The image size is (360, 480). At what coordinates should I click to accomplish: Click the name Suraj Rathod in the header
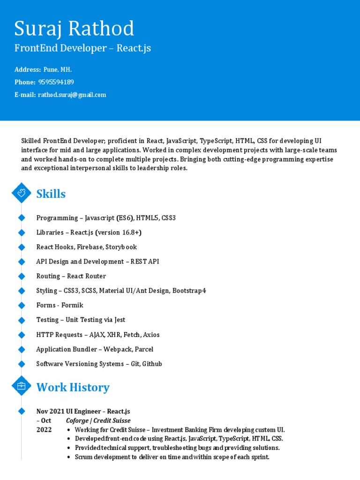click(x=74, y=29)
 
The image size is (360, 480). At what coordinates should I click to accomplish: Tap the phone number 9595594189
click(x=56, y=82)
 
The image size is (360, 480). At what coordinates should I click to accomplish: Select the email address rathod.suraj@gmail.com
click(x=72, y=95)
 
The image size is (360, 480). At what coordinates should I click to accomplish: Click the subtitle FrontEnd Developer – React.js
click(x=82, y=48)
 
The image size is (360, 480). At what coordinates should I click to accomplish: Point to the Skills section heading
click(x=51, y=194)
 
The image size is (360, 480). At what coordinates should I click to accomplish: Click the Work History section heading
click(x=73, y=387)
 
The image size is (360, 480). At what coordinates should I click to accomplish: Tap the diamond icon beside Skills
click(x=21, y=193)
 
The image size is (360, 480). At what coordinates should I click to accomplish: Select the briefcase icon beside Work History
click(x=21, y=386)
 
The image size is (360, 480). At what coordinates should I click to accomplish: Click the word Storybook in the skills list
click(x=121, y=247)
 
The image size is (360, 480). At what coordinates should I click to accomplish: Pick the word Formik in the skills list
click(x=74, y=305)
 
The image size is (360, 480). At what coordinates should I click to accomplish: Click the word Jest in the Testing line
click(x=120, y=320)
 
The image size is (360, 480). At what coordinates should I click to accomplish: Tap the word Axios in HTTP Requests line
click(x=151, y=335)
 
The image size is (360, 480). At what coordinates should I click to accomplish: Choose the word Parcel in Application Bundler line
click(x=142, y=349)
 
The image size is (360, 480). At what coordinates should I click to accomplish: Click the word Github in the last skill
click(x=152, y=364)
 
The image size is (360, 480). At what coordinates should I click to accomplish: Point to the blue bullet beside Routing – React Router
click(x=21, y=276)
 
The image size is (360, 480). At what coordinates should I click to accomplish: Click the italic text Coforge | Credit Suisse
click(x=98, y=421)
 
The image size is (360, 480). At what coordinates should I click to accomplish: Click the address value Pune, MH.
click(x=58, y=70)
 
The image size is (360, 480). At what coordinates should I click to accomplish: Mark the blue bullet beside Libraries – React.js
click(x=21, y=232)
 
